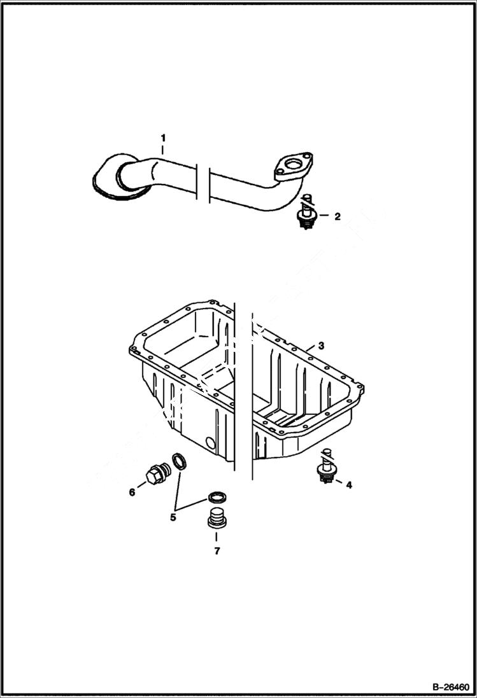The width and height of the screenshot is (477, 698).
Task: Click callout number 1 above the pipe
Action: [163, 137]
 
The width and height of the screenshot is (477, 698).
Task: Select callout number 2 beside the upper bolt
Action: [338, 216]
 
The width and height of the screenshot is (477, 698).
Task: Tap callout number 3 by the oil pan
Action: [322, 346]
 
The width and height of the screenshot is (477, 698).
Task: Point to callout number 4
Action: [348, 485]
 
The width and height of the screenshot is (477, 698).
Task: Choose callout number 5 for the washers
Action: [173, 517]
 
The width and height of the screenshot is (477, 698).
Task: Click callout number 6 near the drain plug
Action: [132, 492]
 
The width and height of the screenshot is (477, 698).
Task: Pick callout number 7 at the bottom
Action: [217, 551]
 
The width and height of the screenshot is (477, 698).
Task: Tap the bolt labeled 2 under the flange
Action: [306, 213]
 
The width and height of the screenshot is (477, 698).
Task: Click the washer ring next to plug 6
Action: [180, 461]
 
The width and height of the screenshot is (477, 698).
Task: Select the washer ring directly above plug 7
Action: [217, 497]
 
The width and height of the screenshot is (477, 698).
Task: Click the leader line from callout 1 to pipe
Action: [163, 150]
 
